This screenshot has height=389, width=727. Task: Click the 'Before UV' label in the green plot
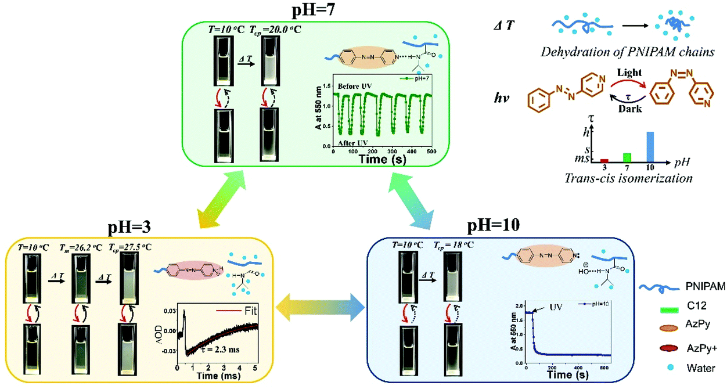pos(358,86)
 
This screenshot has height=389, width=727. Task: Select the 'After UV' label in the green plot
pos(354,141)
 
